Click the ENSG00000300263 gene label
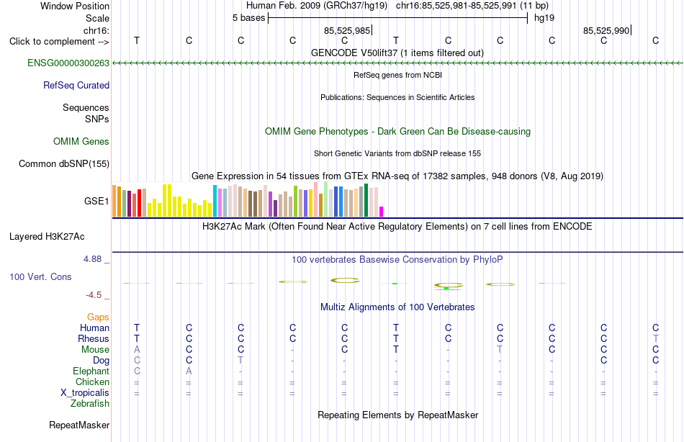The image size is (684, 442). [68, 63]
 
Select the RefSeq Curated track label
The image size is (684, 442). [76, 85]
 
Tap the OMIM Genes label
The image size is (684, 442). [81, 141]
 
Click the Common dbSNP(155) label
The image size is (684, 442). [64, 163]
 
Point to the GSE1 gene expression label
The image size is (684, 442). [96, 201]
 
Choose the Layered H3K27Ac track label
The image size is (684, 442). [47, 237]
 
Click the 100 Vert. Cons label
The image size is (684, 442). [40, 276]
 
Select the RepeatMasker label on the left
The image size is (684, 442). [79, 425]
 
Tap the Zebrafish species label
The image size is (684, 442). [90, 403]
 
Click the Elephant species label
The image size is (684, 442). [91, 371]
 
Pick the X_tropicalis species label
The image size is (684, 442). [85, 393]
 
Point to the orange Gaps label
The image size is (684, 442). [98, 317]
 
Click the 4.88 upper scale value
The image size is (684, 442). [92, 259]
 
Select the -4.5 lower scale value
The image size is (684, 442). [94, 295]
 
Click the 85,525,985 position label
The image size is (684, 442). [347, 30]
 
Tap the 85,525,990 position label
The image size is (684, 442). [606, 30]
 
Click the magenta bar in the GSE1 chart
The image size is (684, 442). [382, 212]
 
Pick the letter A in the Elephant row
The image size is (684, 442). [189, 371]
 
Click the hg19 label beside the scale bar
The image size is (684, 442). [544, 18]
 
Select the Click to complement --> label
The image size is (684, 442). [59, 42]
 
